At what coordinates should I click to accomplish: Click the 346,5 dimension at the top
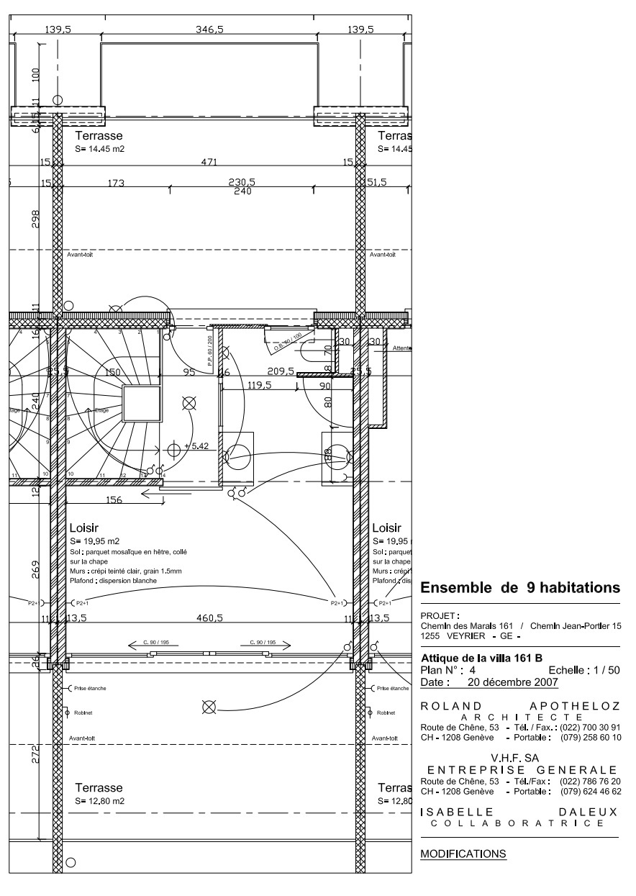209,30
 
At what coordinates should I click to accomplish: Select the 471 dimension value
209,163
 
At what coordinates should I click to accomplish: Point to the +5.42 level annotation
196,446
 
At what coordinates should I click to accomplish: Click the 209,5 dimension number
281,372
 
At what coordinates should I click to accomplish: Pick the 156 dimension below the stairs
114,501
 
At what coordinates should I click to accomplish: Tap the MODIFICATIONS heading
463,854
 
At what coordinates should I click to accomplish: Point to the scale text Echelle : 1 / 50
583,670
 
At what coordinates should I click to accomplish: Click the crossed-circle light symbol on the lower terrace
209,707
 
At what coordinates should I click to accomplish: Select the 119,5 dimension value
259,385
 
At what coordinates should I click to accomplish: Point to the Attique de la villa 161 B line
481,658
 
